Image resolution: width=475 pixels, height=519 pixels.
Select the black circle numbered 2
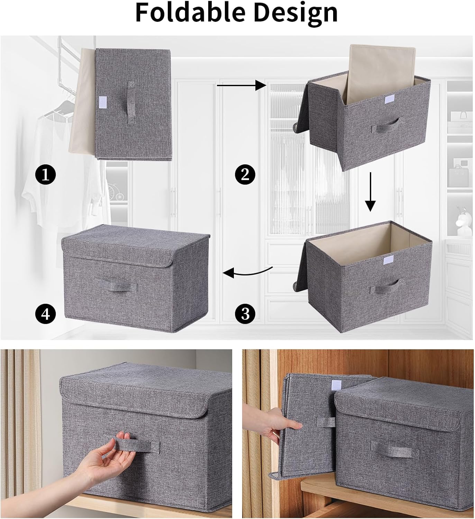(245, 175)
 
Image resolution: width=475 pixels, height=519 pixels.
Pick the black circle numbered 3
(245, 314)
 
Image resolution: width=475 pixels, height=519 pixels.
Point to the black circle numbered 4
(46, 314)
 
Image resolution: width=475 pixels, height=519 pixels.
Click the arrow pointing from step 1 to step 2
(241, 85)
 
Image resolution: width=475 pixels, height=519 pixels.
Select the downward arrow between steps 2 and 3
(371, 192)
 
